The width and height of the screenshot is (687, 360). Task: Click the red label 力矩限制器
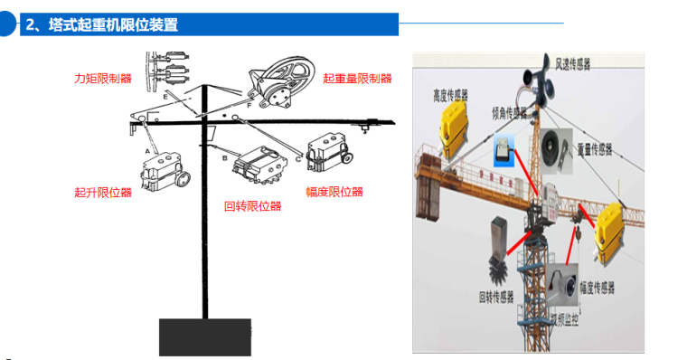point(102,79)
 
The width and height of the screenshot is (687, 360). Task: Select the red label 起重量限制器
point(357,79)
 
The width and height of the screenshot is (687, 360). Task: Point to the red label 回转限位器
point(252,205)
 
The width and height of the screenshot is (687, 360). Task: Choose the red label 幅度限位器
point(334,192)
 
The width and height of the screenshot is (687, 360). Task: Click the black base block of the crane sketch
point(203,336)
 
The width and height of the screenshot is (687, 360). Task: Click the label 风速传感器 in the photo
point(572,63)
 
